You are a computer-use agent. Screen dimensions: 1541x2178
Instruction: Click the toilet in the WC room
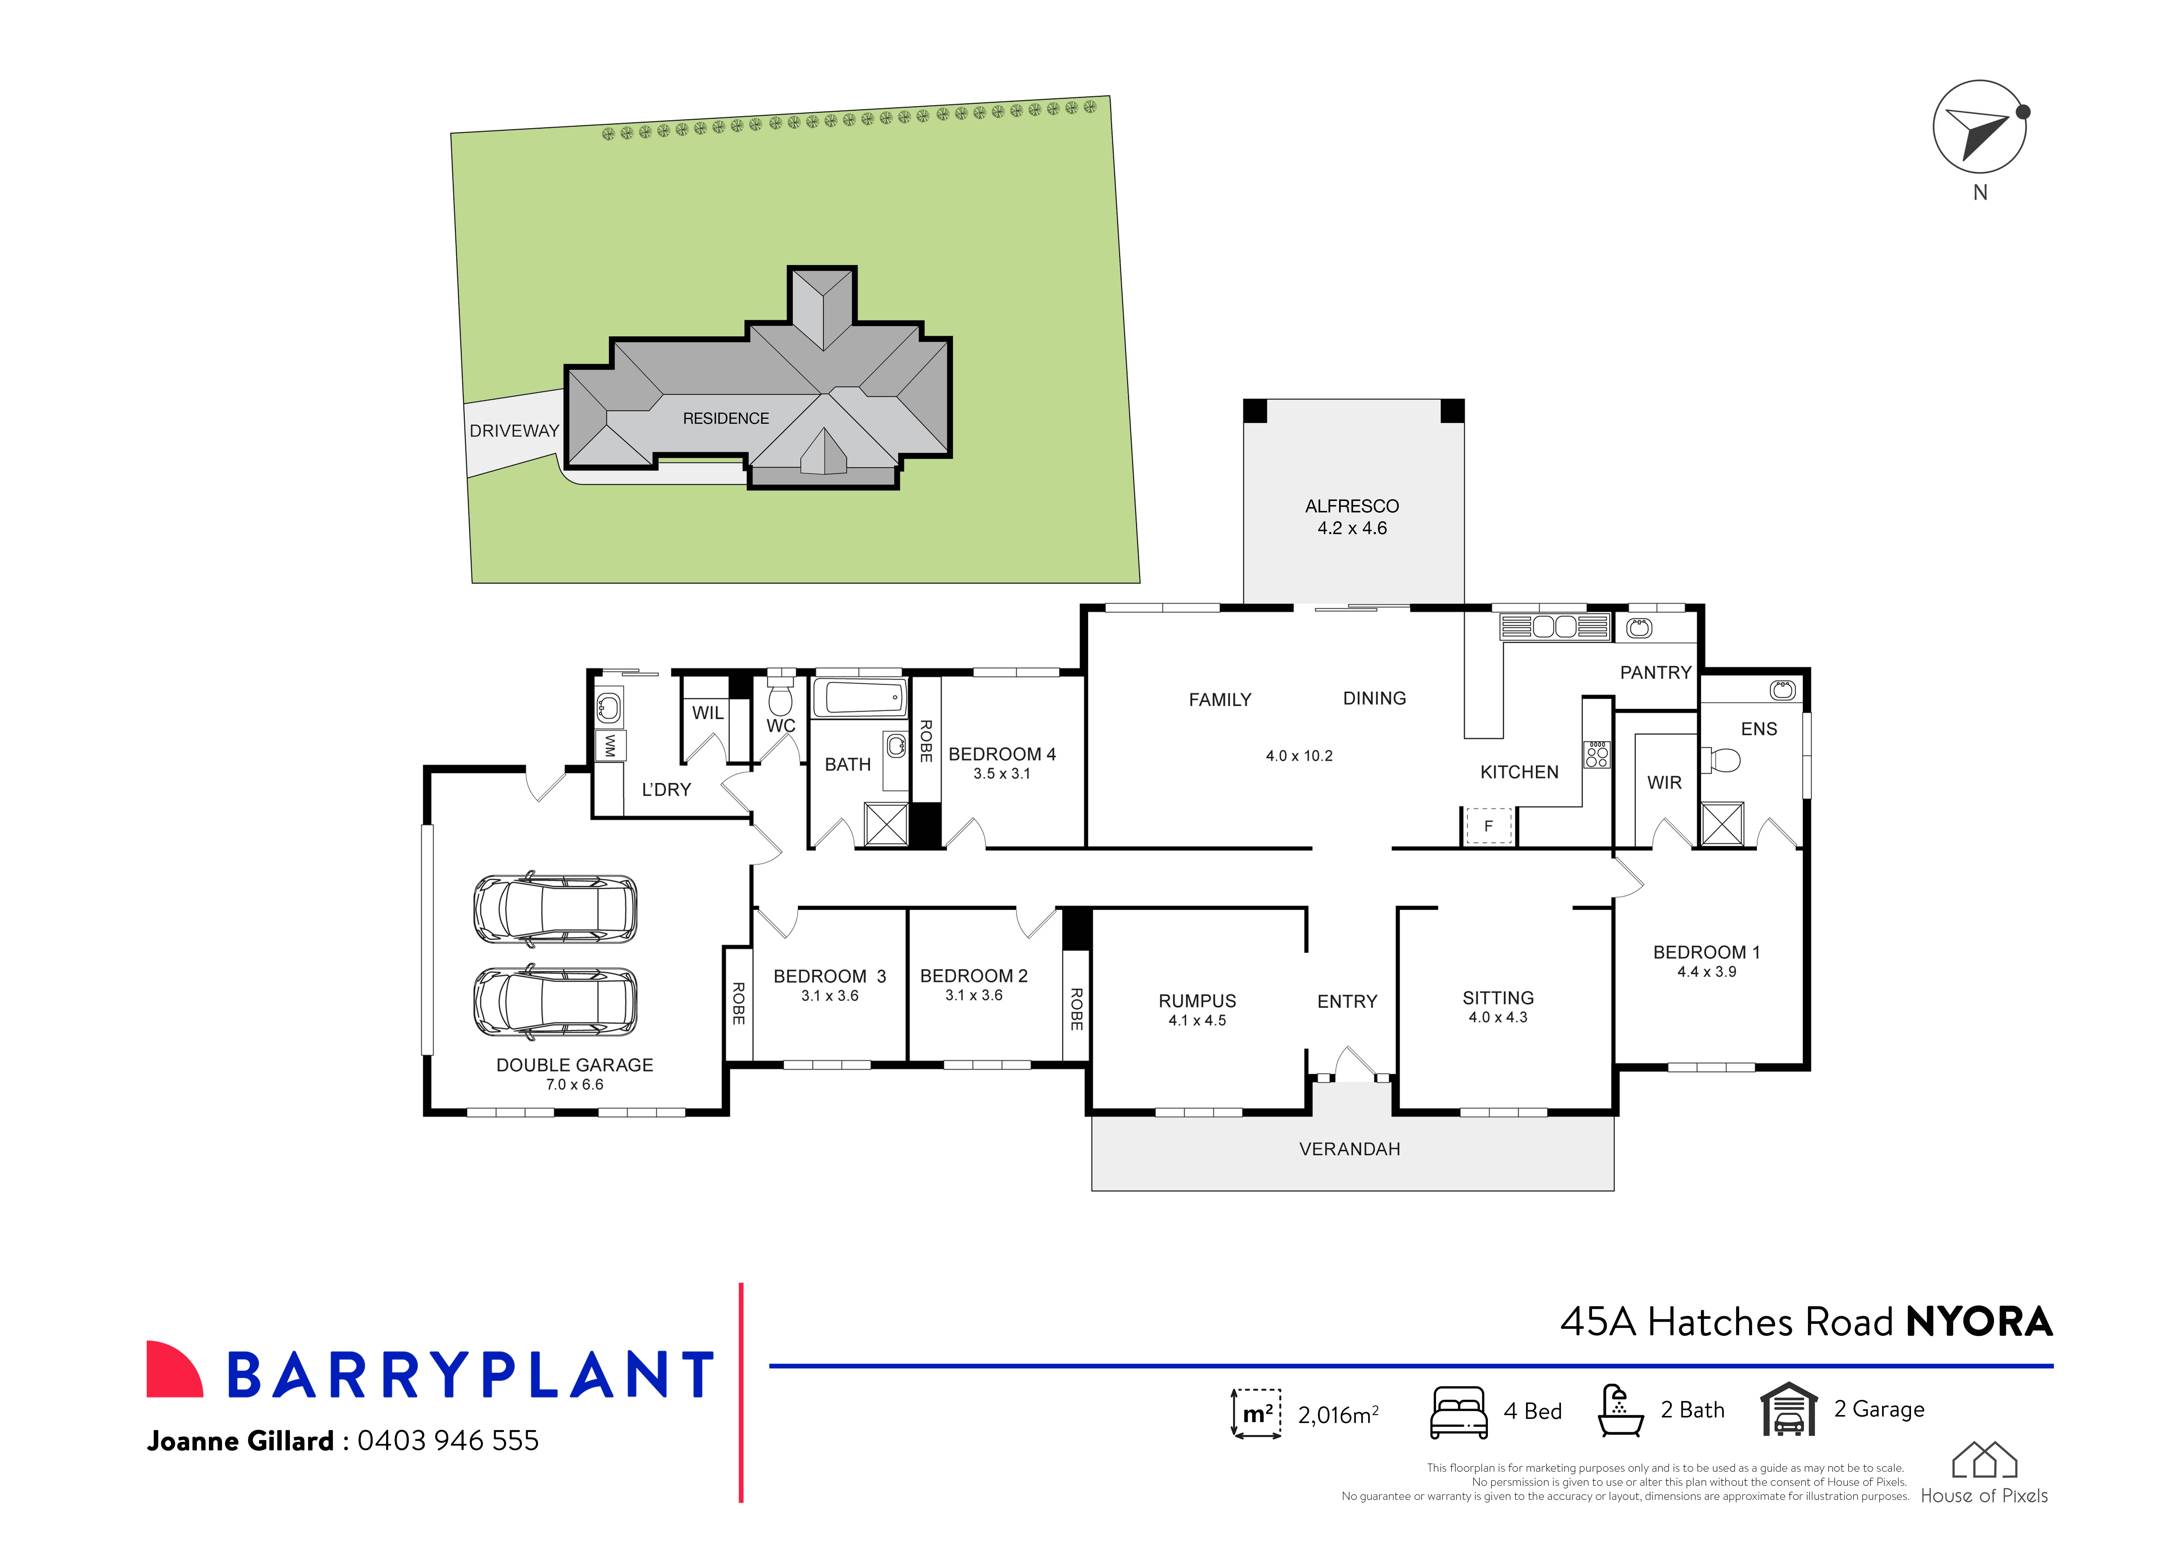780,699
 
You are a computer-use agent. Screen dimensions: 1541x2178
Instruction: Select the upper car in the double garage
555,909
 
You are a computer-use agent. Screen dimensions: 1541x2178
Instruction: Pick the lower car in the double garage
555,1002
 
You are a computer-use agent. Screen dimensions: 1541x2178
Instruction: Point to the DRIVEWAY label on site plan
514,431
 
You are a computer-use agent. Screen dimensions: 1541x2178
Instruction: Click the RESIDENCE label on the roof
726,418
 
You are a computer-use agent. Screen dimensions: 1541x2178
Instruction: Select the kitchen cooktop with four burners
1596,755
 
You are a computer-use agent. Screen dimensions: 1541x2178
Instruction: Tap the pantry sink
1639,628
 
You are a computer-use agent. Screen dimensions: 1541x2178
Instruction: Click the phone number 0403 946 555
448,1440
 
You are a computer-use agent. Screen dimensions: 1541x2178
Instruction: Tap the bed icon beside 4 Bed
1458,1412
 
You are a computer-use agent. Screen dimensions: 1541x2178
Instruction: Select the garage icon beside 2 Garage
1788,1410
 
